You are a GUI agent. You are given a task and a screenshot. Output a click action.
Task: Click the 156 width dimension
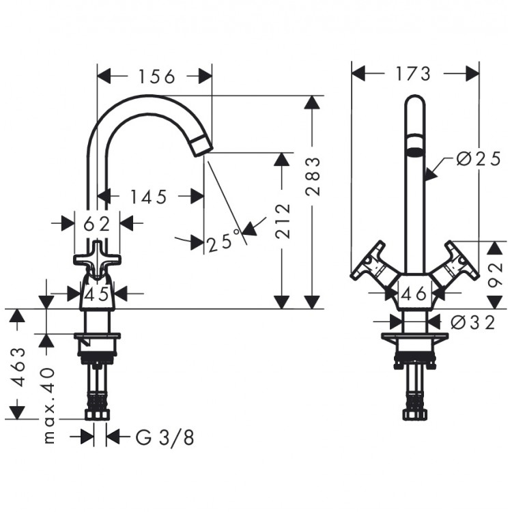point(154,76)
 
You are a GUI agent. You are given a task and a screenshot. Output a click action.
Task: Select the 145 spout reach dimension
point(148,197)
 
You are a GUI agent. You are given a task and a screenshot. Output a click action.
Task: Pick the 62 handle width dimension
point(97,223)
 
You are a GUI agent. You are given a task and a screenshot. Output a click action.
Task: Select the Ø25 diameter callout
point(477,159)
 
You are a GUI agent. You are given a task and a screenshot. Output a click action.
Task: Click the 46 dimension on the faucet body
point(414,294)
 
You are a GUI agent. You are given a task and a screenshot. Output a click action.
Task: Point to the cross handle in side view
point(96,259)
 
